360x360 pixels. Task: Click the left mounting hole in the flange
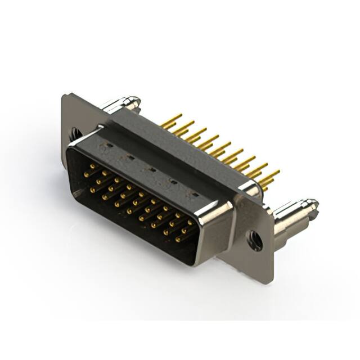(x=75, y=134)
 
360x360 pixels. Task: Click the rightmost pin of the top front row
(x=190, y=223)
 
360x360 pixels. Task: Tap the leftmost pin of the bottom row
(x=92, y=191)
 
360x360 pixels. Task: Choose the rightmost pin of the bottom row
(x=177, y=240)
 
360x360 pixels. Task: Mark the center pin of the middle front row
(x=134, y=203)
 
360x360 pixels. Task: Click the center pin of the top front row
(x=141, y=195)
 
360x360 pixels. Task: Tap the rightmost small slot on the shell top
(x=194, y=195)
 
